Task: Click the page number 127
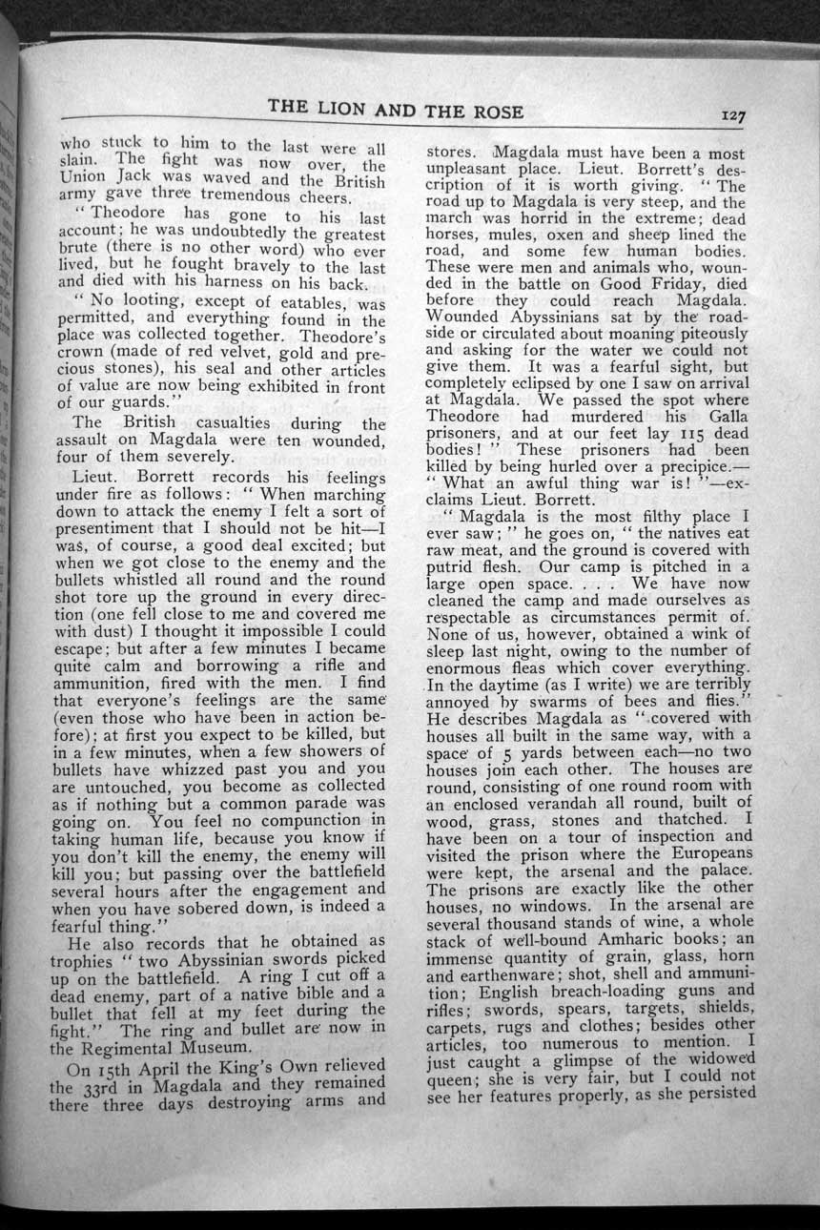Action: click(732, 115)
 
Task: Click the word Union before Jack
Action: click(84, 177)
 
